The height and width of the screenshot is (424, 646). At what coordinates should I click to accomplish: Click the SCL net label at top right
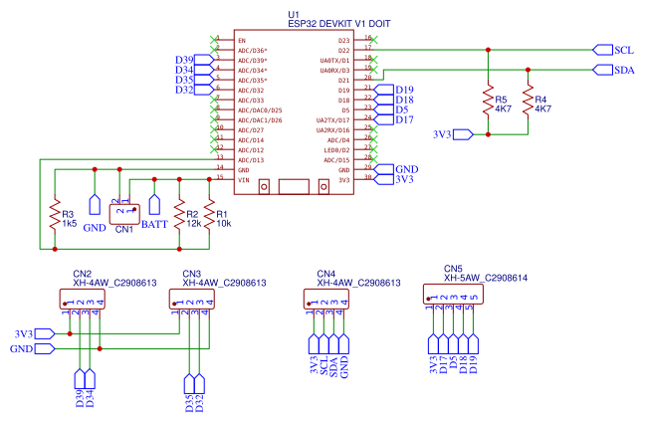[623, 49]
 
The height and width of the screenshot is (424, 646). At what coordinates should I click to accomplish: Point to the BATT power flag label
[154, 225]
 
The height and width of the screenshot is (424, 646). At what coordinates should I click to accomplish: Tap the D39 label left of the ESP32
[184, 61]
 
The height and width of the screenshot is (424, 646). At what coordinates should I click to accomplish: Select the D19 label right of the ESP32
[404, 91]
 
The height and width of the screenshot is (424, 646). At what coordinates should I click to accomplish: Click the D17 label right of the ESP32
[404, 120]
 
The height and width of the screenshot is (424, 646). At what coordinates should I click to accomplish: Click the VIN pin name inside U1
[242, 180]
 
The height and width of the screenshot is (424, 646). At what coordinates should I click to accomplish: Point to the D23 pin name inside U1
[344, 40]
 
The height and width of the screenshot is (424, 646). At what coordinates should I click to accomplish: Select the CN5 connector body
[453, 295]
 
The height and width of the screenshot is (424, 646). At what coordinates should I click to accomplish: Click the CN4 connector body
[328, 298]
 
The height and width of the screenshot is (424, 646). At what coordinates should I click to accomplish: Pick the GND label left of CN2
[22, 349]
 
